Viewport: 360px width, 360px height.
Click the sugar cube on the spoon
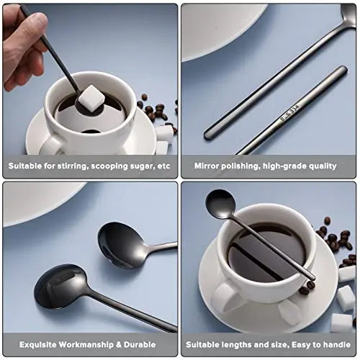(x=91, y=99)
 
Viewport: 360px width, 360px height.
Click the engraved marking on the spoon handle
(x=290, y=113)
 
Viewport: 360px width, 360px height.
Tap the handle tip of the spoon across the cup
(x=312, y=277)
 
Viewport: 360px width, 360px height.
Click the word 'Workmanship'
(x=86, y=345)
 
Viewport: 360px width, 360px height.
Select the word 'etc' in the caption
(x=164, y=166)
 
